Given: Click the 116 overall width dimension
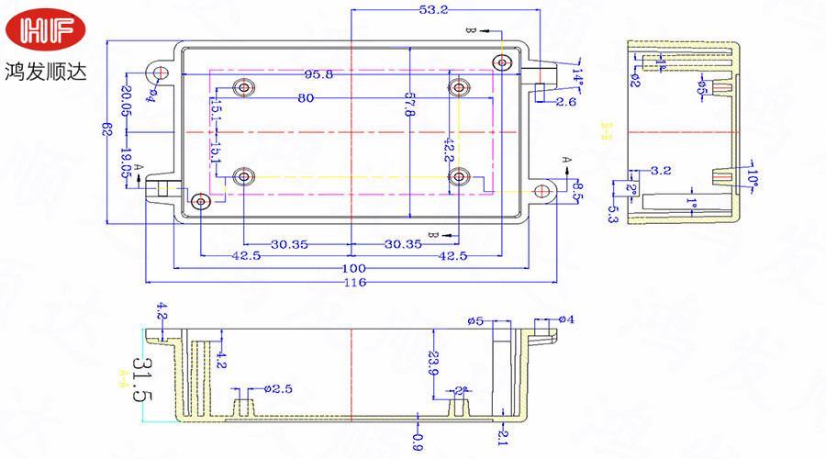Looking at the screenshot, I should [354, 282].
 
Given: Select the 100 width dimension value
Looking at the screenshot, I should [354, 267].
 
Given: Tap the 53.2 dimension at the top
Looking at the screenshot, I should [433, 10].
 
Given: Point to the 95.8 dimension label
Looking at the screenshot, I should [318, 75].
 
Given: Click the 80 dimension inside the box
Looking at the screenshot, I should [306, 98].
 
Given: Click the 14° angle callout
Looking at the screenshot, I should [578, 73].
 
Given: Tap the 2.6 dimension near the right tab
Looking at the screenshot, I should [565, 102].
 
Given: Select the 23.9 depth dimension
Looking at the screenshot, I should [433, 361].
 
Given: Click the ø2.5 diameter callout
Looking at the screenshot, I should [278, 389].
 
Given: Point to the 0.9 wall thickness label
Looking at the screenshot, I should [418, 441].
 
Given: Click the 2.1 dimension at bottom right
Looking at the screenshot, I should [502, 438].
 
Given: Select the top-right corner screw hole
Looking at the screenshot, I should [501, 62].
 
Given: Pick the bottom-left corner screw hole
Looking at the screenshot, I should [200, 200].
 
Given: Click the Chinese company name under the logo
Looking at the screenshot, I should [46, 70].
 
